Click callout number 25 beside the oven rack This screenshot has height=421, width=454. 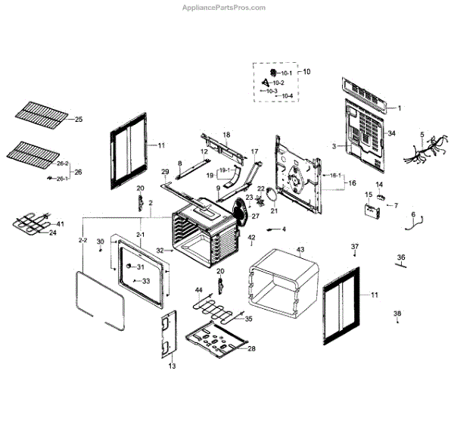[79, 120]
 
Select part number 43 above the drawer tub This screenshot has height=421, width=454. [300, 250]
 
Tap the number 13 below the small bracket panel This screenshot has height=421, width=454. [172, 366]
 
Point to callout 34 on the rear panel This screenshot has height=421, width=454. [392, 133]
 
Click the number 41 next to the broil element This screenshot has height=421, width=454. [61, 224]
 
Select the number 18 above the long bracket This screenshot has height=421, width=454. [225, 134]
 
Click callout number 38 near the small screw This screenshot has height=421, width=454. [397, 313]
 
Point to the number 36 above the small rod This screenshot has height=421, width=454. [402, 257]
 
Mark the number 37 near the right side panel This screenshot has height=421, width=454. [354, 248]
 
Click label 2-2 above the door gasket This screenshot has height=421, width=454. [83, 240]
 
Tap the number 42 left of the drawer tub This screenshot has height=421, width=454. [252, 238]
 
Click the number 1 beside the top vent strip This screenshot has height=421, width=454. [400, 109]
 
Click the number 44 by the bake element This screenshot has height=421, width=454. [198, 290]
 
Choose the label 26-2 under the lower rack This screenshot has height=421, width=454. [62, 164]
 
